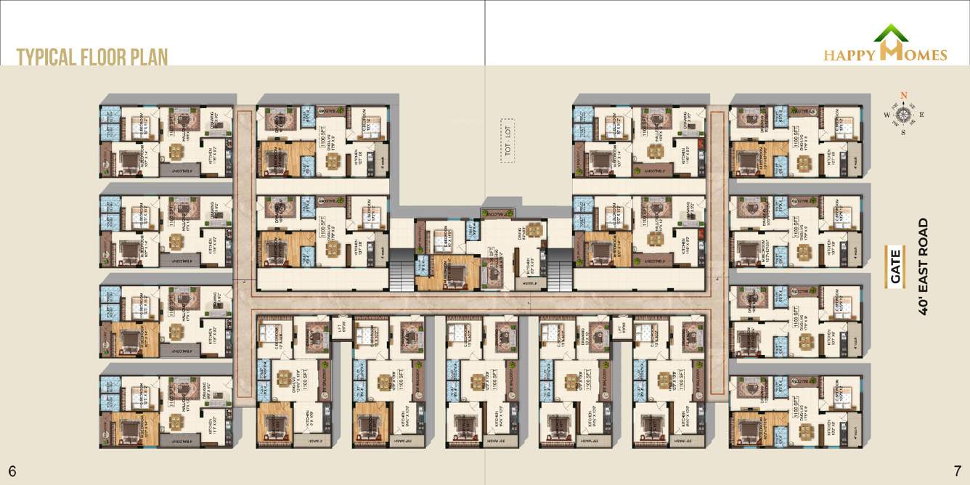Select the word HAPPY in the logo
(x=850, y=55)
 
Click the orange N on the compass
(x=904, y=96)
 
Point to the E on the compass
(x=921, y=115)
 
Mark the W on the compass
(x=887, y=115)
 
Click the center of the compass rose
(x=904, y=114)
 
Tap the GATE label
(x=895, y=266)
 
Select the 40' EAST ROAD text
(x=924, y=266)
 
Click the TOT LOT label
(x=508, y=129)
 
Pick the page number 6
(x=12, y=470)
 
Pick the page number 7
(x=957, y=470)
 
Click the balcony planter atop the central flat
(x=498, y=213)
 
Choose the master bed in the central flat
(x=455, y=273)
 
